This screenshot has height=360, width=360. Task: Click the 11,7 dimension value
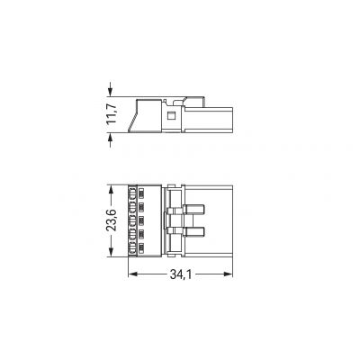click(112, 114)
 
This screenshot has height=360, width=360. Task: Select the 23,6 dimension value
click(112, 220)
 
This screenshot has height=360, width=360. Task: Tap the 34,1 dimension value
click(181, 274)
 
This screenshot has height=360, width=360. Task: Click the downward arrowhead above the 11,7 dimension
click(111, 90)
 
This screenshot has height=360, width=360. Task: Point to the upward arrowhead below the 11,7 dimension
click(111, 139)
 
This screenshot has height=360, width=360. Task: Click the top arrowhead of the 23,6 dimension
click(112, 192)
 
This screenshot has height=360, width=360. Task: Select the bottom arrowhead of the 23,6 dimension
click(112, 249)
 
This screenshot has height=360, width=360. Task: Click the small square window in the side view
click(171, 116)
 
